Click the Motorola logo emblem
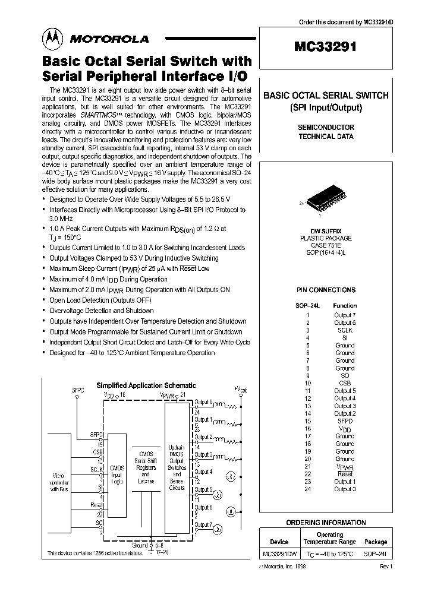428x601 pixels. point(53,39)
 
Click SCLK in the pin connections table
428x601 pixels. point(345,330)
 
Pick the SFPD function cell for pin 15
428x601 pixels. point(345,421)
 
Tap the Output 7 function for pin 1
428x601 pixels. point(345,315)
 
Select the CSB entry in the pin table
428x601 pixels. point(345,383)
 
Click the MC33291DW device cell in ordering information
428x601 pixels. point(279,553)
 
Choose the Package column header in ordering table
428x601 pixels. point(375,542)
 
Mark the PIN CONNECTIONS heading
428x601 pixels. point(326,290)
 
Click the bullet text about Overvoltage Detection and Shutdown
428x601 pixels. point(101,311)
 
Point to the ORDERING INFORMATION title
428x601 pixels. point(326,523)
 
